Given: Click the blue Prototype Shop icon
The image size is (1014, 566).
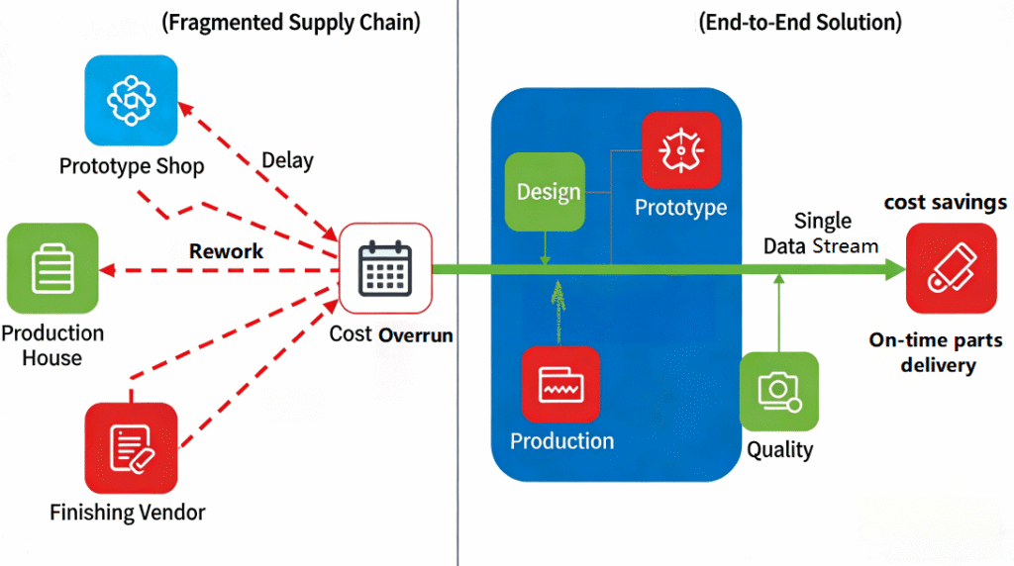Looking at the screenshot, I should click(x=132, y=101).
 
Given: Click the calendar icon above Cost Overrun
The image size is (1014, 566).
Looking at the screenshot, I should click(x=385, y=268).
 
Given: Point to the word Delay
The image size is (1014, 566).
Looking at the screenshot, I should click(x=288, y=160).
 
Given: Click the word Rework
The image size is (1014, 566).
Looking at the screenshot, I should click(x=226, y=251).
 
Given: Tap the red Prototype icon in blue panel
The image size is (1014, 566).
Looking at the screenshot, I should click(x=680, y=150).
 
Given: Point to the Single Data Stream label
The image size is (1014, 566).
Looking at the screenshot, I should click(x=821, y=234).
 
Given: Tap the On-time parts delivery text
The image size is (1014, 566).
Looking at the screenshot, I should click(x=936, y=352).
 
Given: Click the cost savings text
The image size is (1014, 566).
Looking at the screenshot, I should click(x=945, y=202).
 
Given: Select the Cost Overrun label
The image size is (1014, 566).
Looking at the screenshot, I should click(x=391, y=334).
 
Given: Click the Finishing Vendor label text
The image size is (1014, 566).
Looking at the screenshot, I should click(x=128, y=513).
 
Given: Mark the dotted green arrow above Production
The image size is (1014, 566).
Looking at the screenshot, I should click(x=558, y=310).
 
